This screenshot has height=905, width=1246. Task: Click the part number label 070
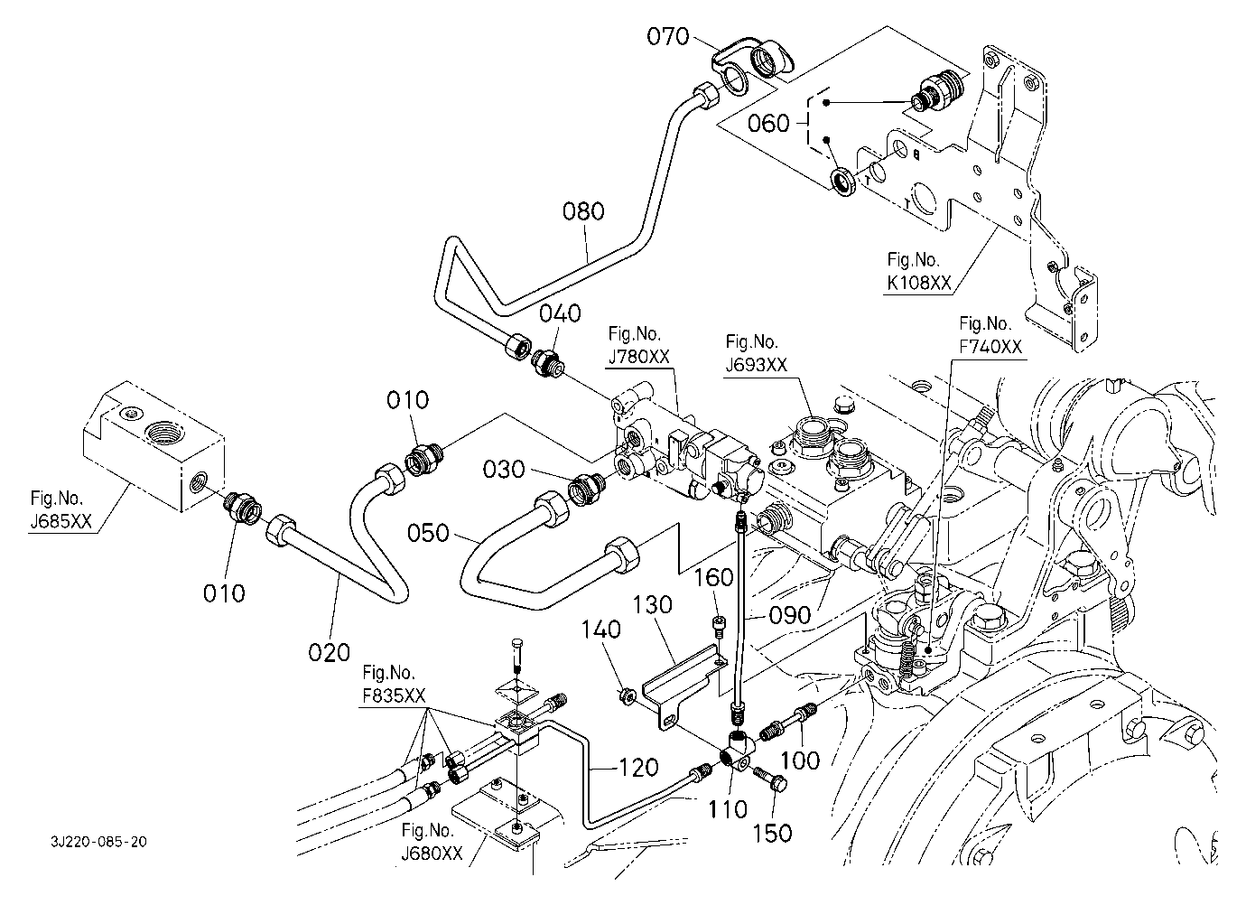667,37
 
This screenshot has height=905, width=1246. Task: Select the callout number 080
582,212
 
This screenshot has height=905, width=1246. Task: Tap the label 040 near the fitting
560,313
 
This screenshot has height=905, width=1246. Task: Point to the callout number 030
503,470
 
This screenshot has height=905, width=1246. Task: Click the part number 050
429,533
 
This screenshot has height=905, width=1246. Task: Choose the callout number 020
328,652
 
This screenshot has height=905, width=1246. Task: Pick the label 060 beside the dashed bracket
768,123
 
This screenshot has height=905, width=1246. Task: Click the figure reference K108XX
917,284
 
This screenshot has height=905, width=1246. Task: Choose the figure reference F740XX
991,347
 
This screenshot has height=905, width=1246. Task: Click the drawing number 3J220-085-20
99,842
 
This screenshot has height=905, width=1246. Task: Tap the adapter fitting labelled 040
548,362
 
